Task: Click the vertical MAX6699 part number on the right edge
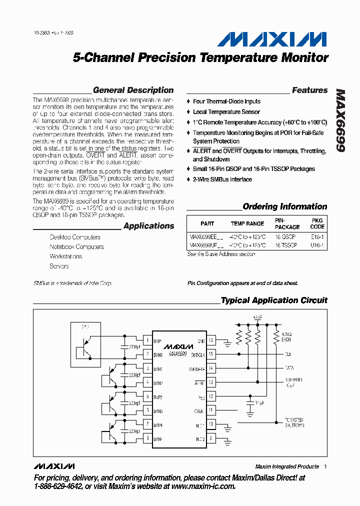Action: pos(341,120)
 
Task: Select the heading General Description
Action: pos(133,90)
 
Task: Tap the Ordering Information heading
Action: pos(284,206)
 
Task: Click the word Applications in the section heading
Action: pos(148,226)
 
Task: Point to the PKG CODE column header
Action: pos(317,223)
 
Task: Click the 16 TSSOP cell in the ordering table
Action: pos(286,245)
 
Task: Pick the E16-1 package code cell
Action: pos(317,237)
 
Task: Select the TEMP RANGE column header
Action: pos(247,223)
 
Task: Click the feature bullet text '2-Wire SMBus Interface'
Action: pos(222,179)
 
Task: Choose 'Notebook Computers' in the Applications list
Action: pos(76,247)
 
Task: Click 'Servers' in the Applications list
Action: pos(59,266)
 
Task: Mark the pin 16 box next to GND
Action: pos(211,341)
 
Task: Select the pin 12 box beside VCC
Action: pos(211,396)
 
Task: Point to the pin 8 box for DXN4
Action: pos(146,437)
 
